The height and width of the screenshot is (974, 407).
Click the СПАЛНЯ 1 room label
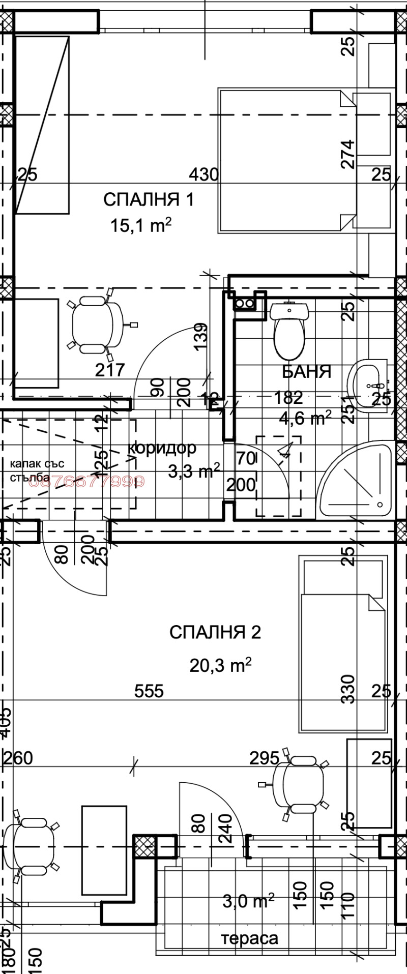tap(149, 199)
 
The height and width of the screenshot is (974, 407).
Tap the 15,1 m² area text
tap(140, 225)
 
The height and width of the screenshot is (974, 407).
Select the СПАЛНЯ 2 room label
tap(215, 632)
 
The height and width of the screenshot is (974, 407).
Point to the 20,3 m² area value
tap(220, 665)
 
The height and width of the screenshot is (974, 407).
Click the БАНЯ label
tap(306, 372)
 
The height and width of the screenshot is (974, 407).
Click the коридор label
tap(162, 448)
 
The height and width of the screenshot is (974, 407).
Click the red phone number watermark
tap(86, 481)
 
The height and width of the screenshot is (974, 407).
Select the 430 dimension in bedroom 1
tap(203, 175)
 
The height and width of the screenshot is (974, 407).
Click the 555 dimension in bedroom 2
tap(149, 691)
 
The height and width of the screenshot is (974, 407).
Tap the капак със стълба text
tap(37, 470)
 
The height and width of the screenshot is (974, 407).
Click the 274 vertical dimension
tap(348, 154)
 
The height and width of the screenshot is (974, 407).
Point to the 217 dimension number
tap(110, 370)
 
